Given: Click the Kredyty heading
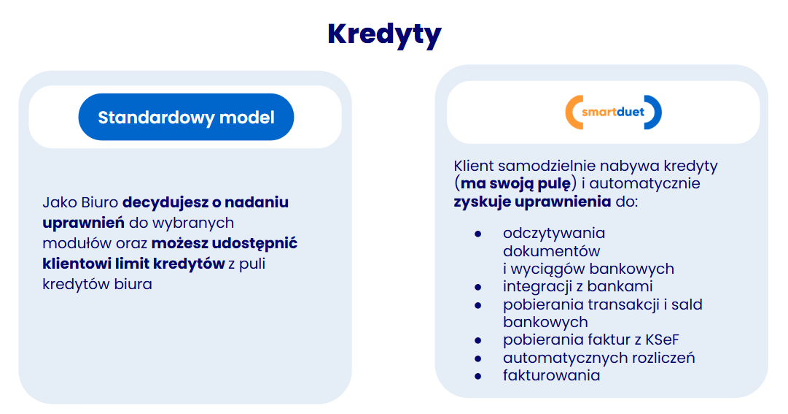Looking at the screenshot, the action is pos(384,35).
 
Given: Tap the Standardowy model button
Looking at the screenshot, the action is pos(186,117).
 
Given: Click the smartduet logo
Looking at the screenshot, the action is pos(613,112).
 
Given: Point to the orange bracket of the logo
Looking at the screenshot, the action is pos(573,112).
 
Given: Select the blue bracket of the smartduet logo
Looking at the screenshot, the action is pos(655,112).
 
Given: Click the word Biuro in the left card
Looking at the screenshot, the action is pos(99,202).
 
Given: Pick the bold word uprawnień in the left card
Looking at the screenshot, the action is pos(83,223).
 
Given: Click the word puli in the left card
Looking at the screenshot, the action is pos(252,264).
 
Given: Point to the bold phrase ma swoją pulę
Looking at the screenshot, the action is pos(515,184).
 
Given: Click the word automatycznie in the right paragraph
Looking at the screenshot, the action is pos(645,184).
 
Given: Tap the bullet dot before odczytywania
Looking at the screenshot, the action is pos(478,234).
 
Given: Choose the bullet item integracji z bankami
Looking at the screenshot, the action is pos(578,286).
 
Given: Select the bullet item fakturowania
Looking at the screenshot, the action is pos(551,376).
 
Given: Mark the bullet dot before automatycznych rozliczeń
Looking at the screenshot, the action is pos(478,359).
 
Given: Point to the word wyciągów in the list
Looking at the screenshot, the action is pos(547,269).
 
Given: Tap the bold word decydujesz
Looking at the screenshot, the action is pos(165,202).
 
